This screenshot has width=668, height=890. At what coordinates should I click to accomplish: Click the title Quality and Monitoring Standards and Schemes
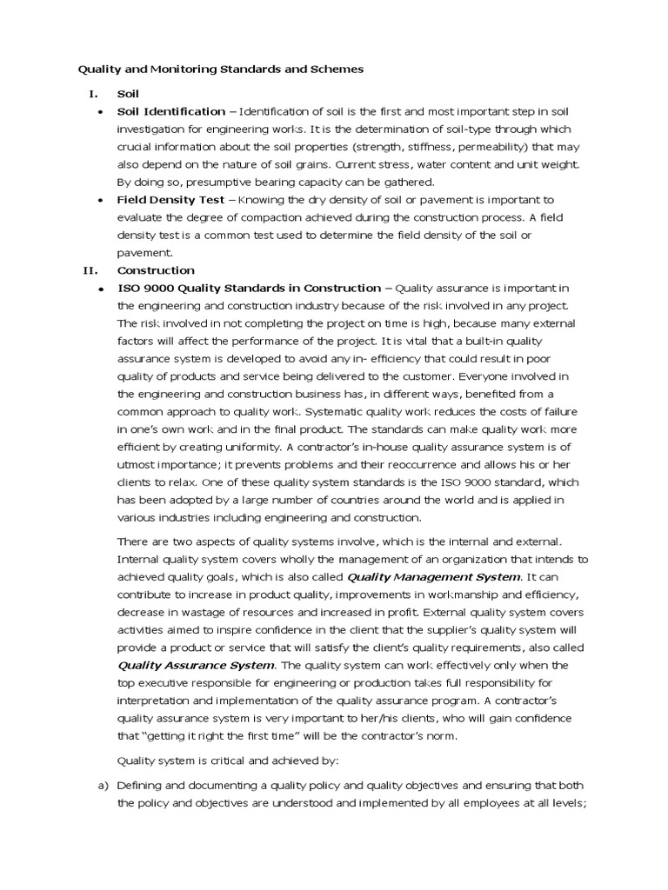click(x=221, y=68)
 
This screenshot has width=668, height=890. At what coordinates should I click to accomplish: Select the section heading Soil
click(x=128, y=93)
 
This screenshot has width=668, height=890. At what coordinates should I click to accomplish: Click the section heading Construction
click(x=156, y=270)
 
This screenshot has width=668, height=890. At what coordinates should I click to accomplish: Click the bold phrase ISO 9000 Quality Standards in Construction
click(x=249, y=289)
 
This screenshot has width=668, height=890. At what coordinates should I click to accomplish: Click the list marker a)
click(x=100, y=785)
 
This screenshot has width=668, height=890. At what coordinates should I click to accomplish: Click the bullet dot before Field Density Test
click(x=102, y=200)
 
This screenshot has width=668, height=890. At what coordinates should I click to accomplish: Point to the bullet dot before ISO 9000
click(x=102, y=289)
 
